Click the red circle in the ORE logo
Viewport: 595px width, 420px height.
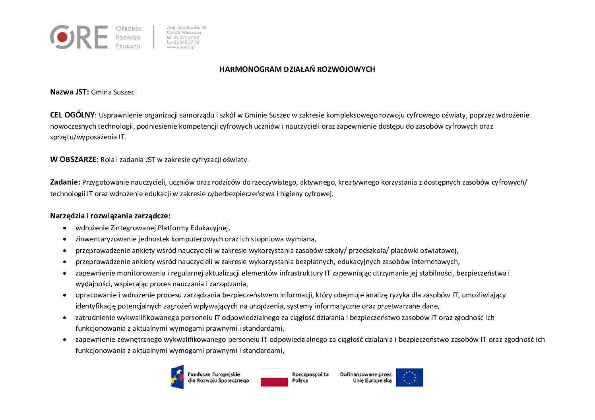[62, 37]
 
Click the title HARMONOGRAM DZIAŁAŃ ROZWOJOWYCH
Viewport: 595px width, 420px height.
[297, 69]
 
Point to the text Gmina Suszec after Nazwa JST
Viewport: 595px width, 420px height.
[112, 92]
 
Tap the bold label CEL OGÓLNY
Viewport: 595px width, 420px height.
[72, 115]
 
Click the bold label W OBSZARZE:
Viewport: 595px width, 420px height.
[74, 160]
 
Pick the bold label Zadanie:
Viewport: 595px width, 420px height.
[65, 182]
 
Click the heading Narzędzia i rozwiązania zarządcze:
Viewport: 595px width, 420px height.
[110, 216]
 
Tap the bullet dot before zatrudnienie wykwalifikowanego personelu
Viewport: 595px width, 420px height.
[65, 318]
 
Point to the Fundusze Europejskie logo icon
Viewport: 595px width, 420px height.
[178, 377]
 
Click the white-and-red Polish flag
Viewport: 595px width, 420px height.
[274, 378]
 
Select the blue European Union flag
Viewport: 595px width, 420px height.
[409, 378]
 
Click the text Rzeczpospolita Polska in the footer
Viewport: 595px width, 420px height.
[310, 377]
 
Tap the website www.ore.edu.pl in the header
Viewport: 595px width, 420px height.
[181, 47]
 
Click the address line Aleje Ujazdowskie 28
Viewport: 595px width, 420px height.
[186, 27]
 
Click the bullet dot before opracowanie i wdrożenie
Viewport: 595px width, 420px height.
[65, 295]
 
